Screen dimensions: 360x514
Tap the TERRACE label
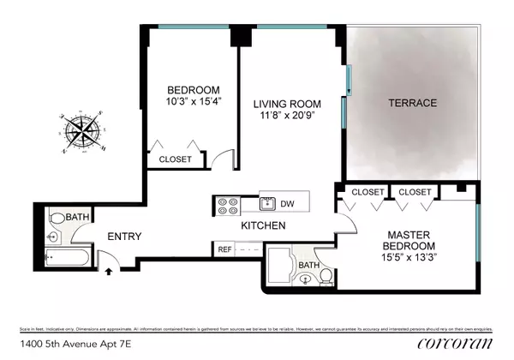412,104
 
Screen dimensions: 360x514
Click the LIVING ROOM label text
289,104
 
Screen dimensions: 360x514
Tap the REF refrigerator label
224,249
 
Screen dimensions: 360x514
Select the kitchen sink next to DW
267,204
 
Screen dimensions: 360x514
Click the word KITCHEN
263,226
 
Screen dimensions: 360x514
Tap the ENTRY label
123,237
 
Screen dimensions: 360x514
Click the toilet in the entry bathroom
54,232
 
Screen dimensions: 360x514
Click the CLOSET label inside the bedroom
176,159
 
